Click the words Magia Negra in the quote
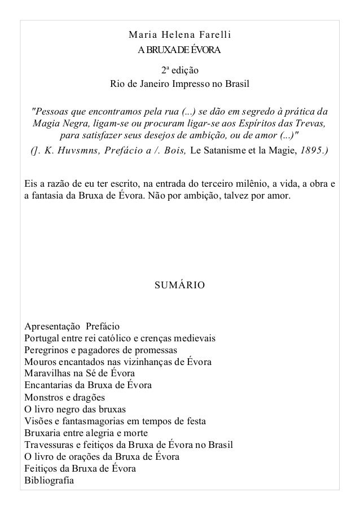click(x=56, y=122)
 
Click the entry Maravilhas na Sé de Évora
click(x=80, y=373)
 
